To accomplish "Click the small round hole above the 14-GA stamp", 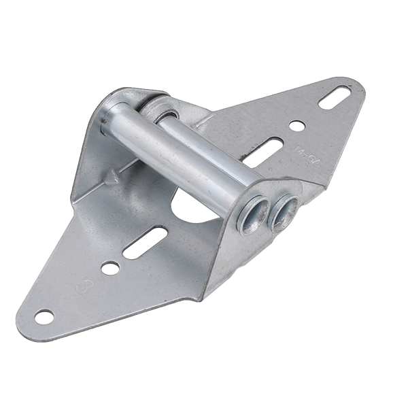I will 297,126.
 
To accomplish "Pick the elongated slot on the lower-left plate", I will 145,242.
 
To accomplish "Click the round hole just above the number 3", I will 109,268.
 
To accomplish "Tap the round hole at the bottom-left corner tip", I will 44,317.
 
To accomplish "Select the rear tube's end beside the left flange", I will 162,109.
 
